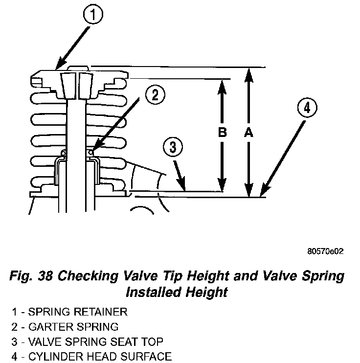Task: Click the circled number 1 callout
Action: pyautogui.click(x=93, y=16)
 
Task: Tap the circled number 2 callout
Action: pyautogui.click(x=155, y=95)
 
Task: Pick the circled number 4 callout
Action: pyautogui.click(x=306, y=109)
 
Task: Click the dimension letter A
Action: pyautogui.click(x=248, y=132)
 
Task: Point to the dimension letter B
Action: pyautogui.click(x=223, y=132)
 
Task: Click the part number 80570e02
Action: pyautogui.click(x=325, y=251)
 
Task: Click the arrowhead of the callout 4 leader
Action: pyautogui.click(x=263, y=194)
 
